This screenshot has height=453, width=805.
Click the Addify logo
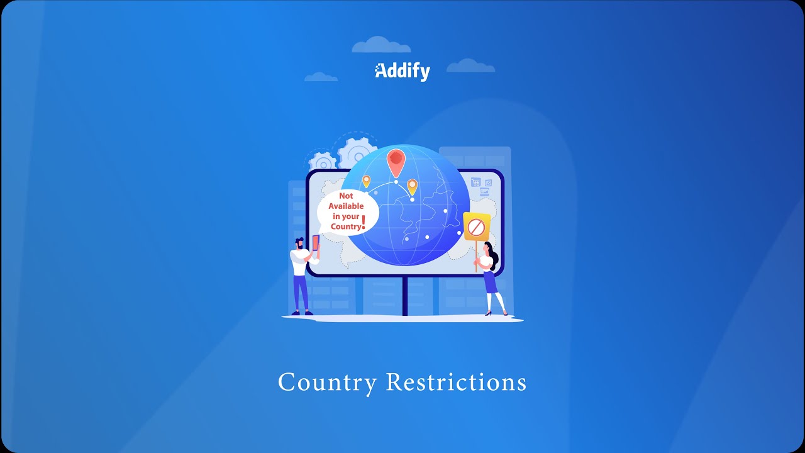[x=402, y=72]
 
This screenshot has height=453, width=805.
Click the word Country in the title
[x=328, y=383]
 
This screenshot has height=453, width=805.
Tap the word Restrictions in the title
[x=457, y=382]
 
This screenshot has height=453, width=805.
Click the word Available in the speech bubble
[x=346, y=206]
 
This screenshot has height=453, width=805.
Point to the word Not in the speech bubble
[x=346, y=196]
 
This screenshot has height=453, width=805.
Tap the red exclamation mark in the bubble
[x=364, y=222]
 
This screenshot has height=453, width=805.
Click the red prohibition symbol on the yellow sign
[x=476, y=227]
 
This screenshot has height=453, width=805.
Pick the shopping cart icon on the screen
[x=476, y=182]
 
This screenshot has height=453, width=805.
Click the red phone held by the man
[x=316, y=242]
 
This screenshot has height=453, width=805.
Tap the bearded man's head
[x=299, y=243]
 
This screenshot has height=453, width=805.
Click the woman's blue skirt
[x=490, y=282]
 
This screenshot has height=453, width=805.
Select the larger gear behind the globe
[x=357, y=154]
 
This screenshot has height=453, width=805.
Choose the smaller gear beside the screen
[x=323, y=162]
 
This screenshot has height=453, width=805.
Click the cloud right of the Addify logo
[x=470, y=66]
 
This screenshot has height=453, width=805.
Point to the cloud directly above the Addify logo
[x=381, y=45]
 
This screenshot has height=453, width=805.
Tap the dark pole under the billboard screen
[x=404, y=296]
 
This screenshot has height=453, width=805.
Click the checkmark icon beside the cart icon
[x=488, y=183]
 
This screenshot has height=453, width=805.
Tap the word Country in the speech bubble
[x=346, y=226]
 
